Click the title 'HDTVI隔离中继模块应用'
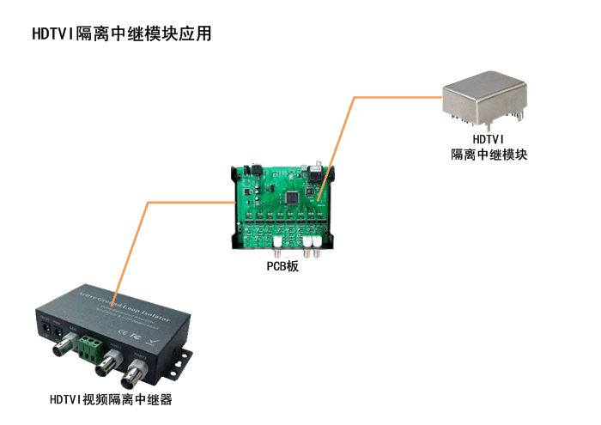pos(121,34)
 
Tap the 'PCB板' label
pos(282,267)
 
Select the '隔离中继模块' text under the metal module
pos(489,155)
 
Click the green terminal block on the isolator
pos(90,349)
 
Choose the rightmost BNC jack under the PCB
pos(317,251)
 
